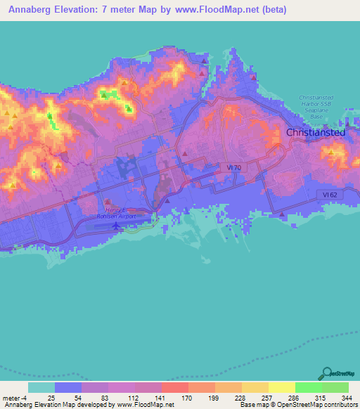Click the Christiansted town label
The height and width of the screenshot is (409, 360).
click(x=314, y=132)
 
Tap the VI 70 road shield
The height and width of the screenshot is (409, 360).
click(x=234, y=167)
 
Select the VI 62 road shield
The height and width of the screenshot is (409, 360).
click(x=325, y=193)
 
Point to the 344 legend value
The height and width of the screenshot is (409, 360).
click(x=347, y=397)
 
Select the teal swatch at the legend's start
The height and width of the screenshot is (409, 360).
click(x=41, y=387)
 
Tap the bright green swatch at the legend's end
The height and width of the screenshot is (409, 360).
click(x=335, y=387)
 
